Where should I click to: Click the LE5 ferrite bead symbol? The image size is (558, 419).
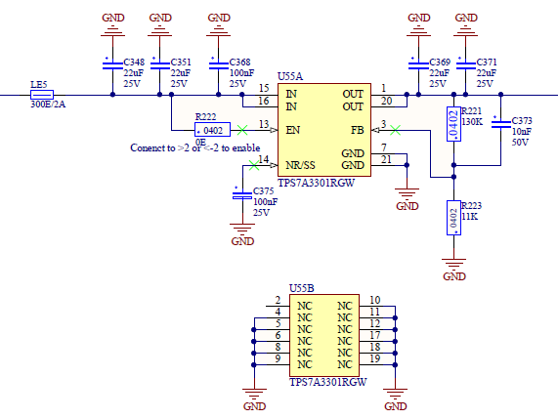(x=42, y=95)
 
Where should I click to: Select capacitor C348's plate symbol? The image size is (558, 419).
(x=112, y=65)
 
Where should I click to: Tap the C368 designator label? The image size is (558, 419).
(x=239, y=63)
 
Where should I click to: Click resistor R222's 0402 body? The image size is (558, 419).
(x=212, y=130)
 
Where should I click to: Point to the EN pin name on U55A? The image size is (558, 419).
(x=293, y=130)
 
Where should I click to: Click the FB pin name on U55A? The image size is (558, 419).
(x=358, y=130)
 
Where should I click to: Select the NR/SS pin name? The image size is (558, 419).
(x=300, y=165)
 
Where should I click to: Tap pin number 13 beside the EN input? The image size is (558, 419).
(x=264, y=124)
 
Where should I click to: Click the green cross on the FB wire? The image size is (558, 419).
(x=395, y=130)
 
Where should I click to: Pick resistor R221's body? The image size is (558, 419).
(x=453, y=124)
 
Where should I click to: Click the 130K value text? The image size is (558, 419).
(x=472, y=122)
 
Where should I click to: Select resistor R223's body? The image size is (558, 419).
(x=453, y=218)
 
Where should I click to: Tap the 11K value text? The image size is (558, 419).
(x=470, y=216)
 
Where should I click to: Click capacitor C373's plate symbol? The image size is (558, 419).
(x=500, y=124)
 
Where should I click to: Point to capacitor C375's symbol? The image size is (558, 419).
(x=242, y=195)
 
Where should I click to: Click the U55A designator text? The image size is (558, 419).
(x=290, y=76)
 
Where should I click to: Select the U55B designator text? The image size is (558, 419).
(x=302, y=288)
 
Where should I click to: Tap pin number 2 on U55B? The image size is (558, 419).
(x=278, y=300)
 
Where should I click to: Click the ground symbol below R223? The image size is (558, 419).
(x=453, y=265)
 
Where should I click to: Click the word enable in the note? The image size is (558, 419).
(x=246, y=147)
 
